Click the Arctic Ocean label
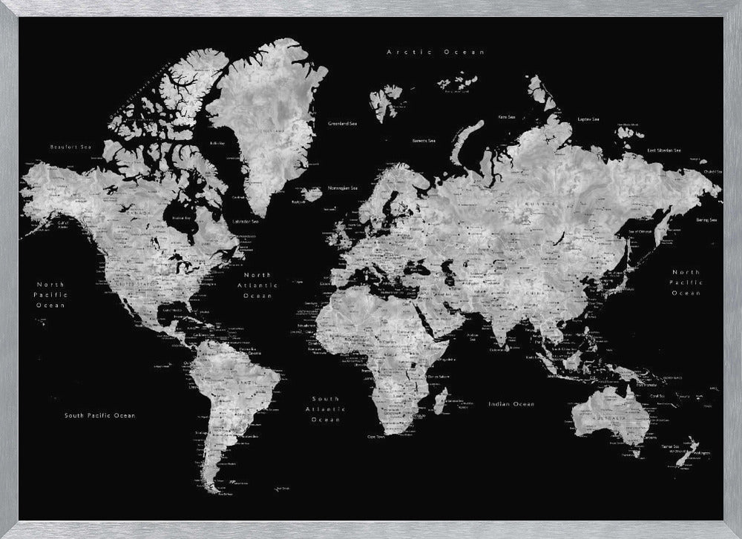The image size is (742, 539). pyautogui.click(x=436, y=52)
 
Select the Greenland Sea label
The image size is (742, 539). pyautogui.click(x=343, y=123)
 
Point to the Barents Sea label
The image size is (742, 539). pyautogui.click(x=424, y=140)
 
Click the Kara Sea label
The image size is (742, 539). pyautogui.click(x=507, y=116)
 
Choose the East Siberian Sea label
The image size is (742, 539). pyautogui.click(x=674, y=151)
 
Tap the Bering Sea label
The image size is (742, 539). pyautogui.click(x=706, y=219)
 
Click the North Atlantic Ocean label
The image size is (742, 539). pyautogui.click(x=258, y=285)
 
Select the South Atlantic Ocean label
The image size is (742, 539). pyautogui.click(x=326, y=409)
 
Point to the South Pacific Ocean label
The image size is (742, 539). pyautogui.click(x=99, y=415)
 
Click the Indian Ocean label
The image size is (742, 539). pyautogui.click(x=511, y=404)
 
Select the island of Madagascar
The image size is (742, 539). pyautogui.click(x=440, y=402)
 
